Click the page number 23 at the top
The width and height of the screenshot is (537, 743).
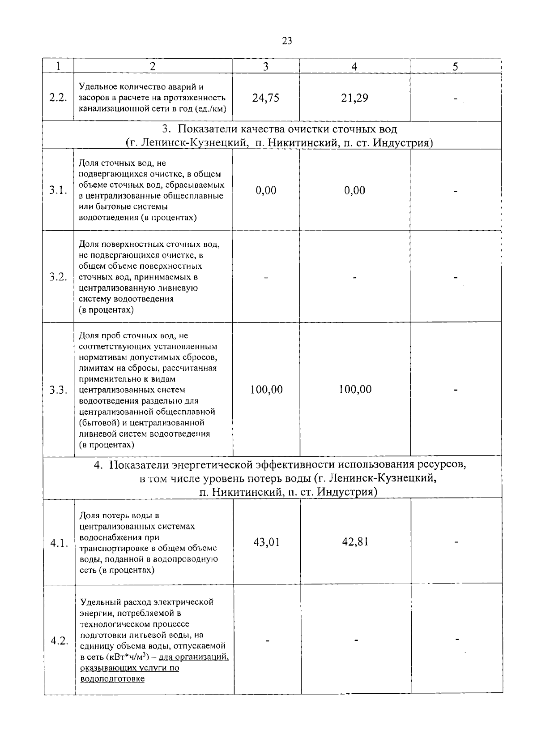click(287, 41)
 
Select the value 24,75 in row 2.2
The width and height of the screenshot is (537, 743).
click(265, 98)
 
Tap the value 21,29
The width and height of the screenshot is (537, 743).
click(354, 98)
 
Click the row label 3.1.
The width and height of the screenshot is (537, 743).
click(58, 190)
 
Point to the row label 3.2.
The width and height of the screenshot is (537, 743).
click(58, 277)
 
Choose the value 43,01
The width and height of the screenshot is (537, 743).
click(266, 542)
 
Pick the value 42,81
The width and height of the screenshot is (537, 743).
click(355, 542)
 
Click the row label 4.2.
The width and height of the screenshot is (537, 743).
click(59, 641)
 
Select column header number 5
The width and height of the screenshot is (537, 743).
click(455, 67)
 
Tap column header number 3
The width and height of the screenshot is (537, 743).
click(265, 67)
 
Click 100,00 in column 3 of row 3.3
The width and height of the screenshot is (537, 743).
click(266, 390)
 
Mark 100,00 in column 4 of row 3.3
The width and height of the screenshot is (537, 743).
click(355, 390)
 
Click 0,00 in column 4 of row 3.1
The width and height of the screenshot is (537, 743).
click(354, 190)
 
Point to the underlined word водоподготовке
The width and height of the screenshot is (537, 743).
click(112, 679)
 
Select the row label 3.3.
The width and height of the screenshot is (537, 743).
click(58, 390)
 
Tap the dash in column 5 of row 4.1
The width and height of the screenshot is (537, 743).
click(456, 542)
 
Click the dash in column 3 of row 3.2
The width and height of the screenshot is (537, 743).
click(266, 278)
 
